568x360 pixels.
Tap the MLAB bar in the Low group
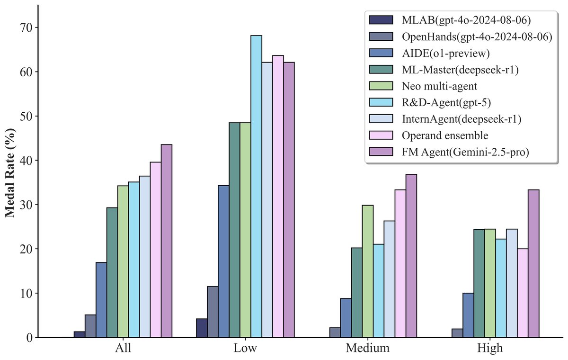202,328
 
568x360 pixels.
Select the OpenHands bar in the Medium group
335,333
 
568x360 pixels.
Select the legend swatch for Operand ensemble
381,135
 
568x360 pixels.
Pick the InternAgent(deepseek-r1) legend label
461,119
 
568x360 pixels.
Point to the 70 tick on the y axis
26,28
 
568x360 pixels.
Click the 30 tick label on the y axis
26,205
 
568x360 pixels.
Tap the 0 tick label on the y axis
29,338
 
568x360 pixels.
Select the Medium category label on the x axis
368,349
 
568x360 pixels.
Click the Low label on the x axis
246,349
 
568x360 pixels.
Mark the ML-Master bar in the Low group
234,230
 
